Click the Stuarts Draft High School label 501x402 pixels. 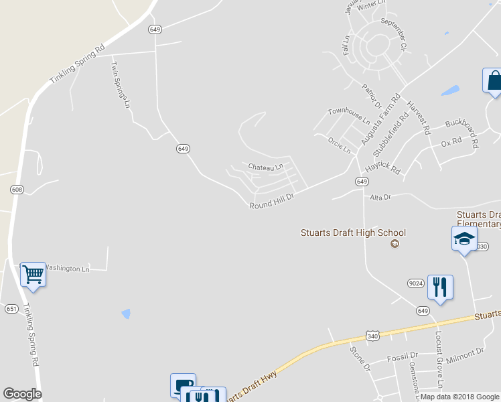pyautogui.click(x=352, y=232)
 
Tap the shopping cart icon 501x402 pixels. pyautogui.click(x=33, y=273)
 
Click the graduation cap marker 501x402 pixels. pyautogui.click(x=464, y=239)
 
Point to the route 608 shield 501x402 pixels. pyautogui.click(x=17, y=190)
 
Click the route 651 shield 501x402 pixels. pyautogui.click(x=11, y=309)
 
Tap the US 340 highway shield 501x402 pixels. pyautogui.click(x=373, y=334)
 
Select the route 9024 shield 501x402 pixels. pyautogui.click(x=415, y=283)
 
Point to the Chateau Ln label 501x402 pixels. pyautogui.click(x=266, y=166)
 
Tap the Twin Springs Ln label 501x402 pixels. pyautogui.click(x=119, y=84)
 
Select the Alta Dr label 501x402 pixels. pyautogui.click(x=380, y=198)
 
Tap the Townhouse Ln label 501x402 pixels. pyautogui.click(x=348, y=117)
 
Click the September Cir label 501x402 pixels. pyautogui.click(x=394, y=33)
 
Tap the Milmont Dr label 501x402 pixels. pyautogui.click(x=465, y=352)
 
